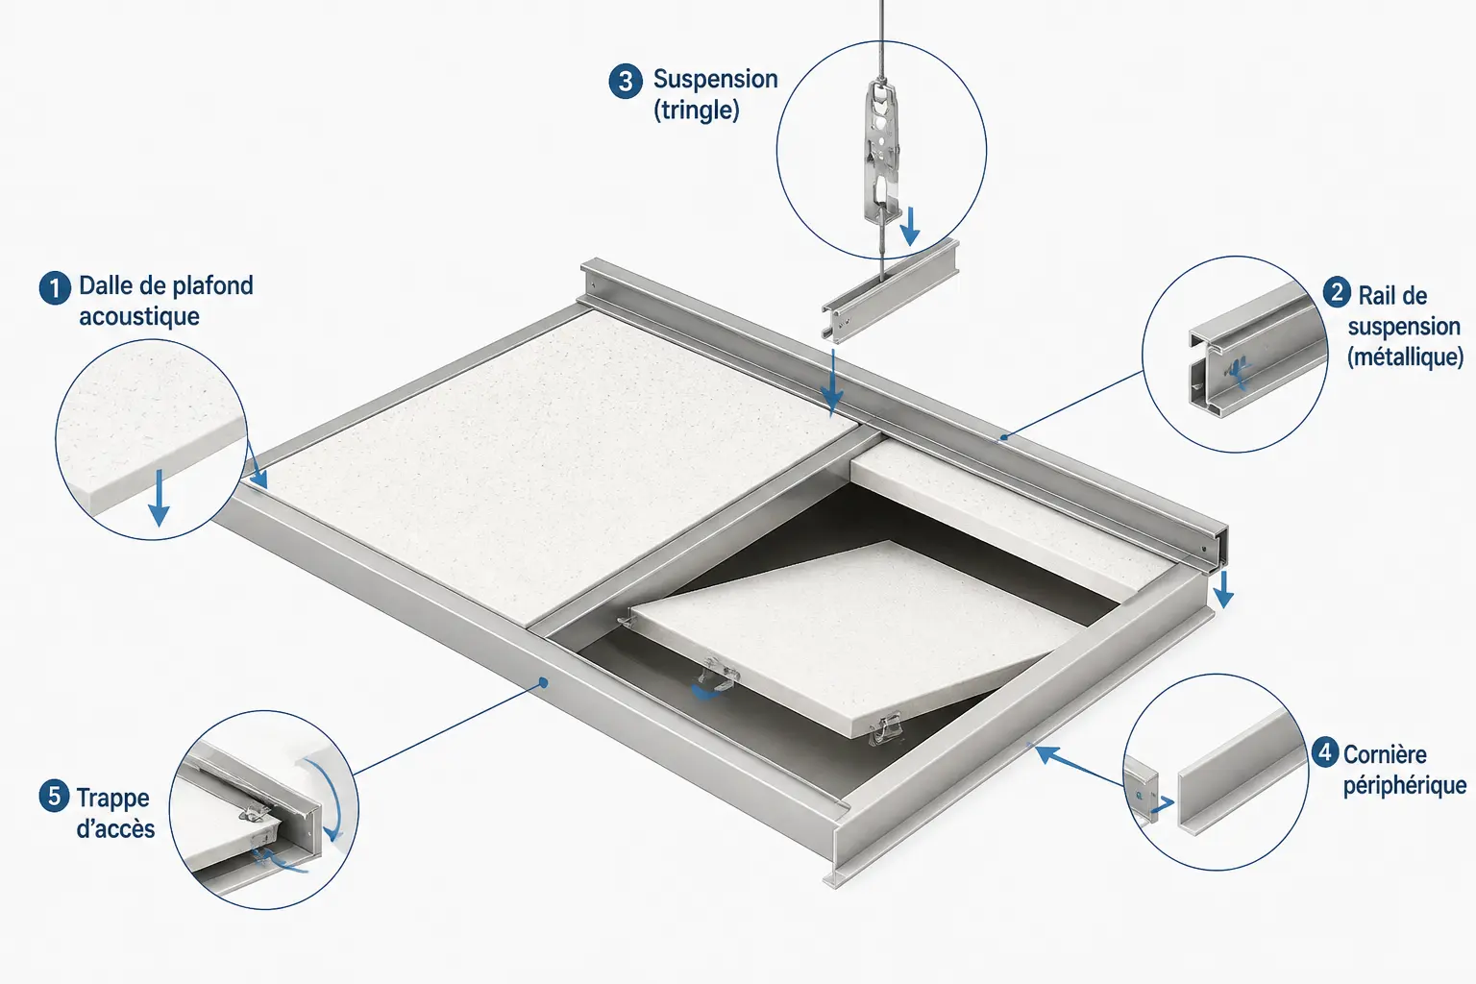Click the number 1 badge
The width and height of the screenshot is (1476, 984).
pos(56,288)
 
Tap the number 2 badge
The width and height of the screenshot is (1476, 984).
pos(1337,293)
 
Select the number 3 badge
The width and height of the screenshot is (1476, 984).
pos(626,82)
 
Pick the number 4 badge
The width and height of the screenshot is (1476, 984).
pos(1325,752)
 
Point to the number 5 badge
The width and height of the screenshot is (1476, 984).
pos(55,796)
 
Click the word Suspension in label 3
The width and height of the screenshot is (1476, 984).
pos(716,80)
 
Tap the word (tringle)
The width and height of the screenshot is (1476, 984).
pos(697,111)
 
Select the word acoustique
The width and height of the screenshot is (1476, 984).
pos(139,317)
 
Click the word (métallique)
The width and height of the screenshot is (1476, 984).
pos(1405,357)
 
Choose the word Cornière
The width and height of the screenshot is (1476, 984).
pos(1385,754)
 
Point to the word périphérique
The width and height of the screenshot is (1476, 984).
pos(1405,786)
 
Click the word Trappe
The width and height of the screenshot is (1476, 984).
pos(112,799)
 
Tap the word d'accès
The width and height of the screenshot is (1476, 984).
pos(115,828)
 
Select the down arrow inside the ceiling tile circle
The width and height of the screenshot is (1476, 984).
pos(159,499)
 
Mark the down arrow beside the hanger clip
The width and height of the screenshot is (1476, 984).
pos(910,227)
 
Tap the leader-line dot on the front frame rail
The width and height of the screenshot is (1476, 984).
pos(543,683)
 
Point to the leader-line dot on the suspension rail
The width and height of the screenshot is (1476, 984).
pos(1003,436)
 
